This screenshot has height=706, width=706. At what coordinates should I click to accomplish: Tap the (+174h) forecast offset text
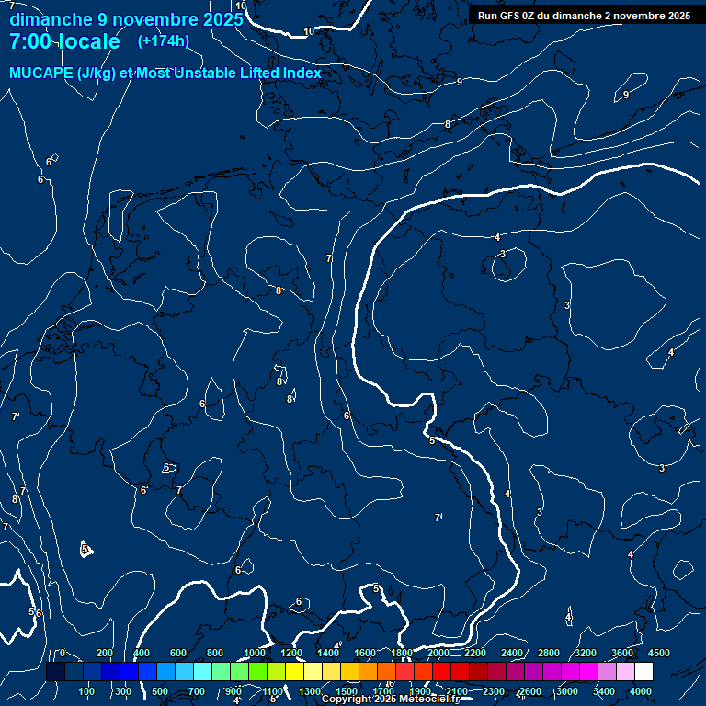click(x=163, y=41)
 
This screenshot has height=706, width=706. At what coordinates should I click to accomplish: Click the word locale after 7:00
click(x=87, y=41)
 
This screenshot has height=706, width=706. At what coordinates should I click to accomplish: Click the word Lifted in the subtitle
click(x=257, y=74)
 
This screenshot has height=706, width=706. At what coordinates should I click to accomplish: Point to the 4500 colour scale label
click(x=658, y=653)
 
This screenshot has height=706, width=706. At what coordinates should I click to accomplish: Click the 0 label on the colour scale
click(x=62, y=653)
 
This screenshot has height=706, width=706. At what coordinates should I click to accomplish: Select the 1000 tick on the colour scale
click(x=255, y=653)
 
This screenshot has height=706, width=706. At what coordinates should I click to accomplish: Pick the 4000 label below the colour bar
click(x=641, y=691)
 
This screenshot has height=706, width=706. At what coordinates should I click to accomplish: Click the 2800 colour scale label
click(x=548, y=653)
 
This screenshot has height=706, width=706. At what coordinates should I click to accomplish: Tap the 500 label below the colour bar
click(x=159, y=691)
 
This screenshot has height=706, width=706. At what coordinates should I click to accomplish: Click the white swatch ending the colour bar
click(x=643, y=672)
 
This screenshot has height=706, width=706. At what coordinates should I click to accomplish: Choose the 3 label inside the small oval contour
click(x=503, y=254)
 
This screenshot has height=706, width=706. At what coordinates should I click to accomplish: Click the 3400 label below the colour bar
click(x=604, y=691)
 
